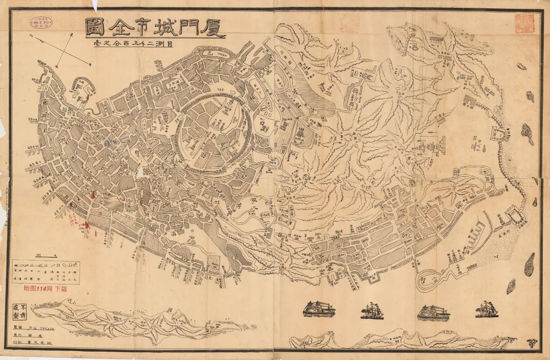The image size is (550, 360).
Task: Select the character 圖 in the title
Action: [x=95, y=27]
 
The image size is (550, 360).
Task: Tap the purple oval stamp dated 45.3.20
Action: [x=41, y=22]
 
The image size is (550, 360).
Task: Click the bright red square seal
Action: [x=524, y=23]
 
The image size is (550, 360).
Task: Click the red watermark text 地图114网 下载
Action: [x=45, y=289]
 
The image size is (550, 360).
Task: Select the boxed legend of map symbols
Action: [x=46, y=272]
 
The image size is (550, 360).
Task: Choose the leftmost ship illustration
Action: [x=319, y=309]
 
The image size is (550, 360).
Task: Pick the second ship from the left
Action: [x=372, y=311]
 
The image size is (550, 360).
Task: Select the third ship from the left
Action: [x=433, y=312]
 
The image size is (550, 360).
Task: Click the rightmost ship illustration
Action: [x=486, y=310]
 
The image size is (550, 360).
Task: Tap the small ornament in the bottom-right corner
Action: [x=532, y=343]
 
